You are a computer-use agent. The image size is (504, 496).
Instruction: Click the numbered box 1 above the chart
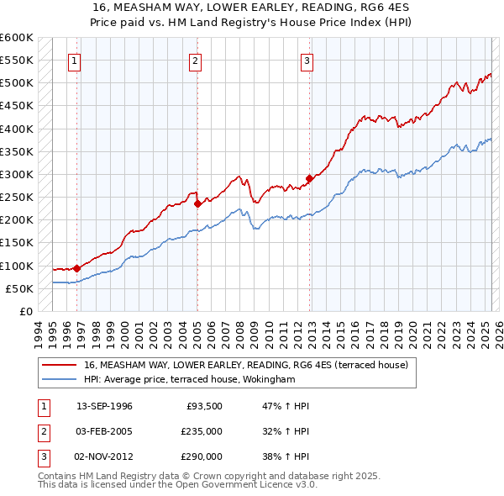[x=75, y=61]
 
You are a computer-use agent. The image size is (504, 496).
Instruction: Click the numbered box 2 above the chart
[x=195, y=61]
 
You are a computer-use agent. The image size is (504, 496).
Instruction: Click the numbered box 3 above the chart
[x=307, y=61]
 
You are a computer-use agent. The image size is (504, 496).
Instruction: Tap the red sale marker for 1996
[x=76, y=268]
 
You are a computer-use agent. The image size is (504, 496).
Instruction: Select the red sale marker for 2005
[x=197, y=203]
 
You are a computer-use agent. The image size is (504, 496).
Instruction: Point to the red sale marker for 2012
[x=309, y=178]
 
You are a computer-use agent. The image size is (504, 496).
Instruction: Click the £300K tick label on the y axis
[x=17, y=174]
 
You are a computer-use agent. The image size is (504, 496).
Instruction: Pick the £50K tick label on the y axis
[x=19, y=288]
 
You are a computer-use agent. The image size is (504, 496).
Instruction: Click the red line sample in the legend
[x=60, y=365]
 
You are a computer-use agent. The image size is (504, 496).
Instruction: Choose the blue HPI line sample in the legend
[x=60, y=379]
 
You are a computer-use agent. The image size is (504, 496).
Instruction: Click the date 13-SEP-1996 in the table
[x=104, y=406]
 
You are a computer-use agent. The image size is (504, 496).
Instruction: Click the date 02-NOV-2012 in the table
[x=104, y=456]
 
